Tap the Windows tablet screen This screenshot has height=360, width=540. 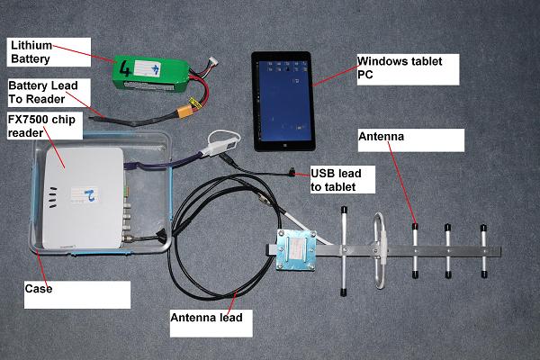pyautogui.click(x=283, y=99)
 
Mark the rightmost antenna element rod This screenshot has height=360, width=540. pyautogui.click(x=482, y=250)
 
